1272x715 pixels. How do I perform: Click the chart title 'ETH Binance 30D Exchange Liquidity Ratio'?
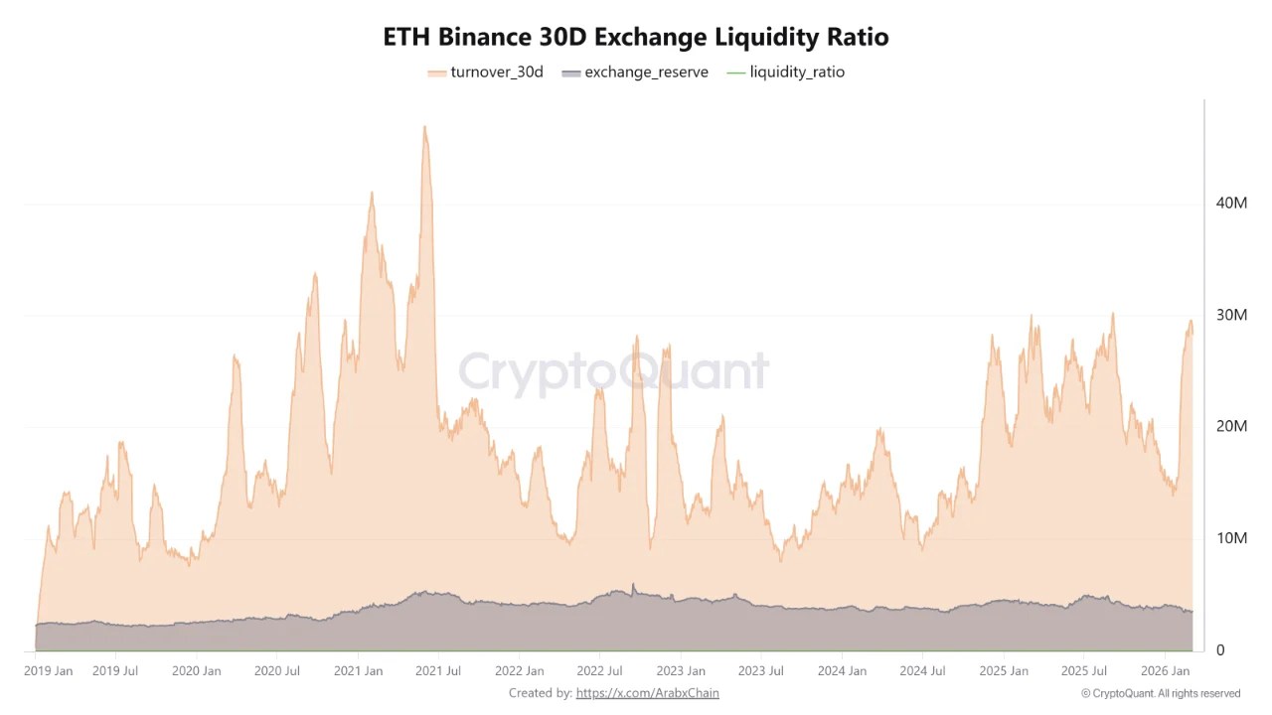[x=636, y=37]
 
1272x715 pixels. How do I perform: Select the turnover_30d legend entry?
[x=486, y=71]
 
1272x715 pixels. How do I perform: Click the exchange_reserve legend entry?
[x=635, y=71]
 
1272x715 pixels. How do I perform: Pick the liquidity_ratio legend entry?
[x=786, y=71]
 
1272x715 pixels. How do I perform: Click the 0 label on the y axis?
[x=1221, y=650]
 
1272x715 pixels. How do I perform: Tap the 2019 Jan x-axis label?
[x=48, y=671]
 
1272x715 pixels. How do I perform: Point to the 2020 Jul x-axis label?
[x=277, y=671]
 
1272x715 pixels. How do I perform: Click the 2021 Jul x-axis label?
[x=438, y=671]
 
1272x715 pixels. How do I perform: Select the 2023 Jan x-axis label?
[x=682, y=671]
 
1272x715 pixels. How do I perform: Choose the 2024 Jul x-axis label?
[x=921, y=671]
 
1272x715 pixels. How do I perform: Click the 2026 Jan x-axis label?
[x=1165, y=671]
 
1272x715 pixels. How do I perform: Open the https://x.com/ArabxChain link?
[x=647, y=693]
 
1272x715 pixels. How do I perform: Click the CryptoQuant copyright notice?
[x=1160, y=693]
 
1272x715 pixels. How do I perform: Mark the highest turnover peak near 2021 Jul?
[x=424, y=127]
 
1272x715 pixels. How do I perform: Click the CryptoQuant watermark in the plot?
[x=613, y=372]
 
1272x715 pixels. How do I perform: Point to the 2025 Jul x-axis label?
[x=1083, y=671]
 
